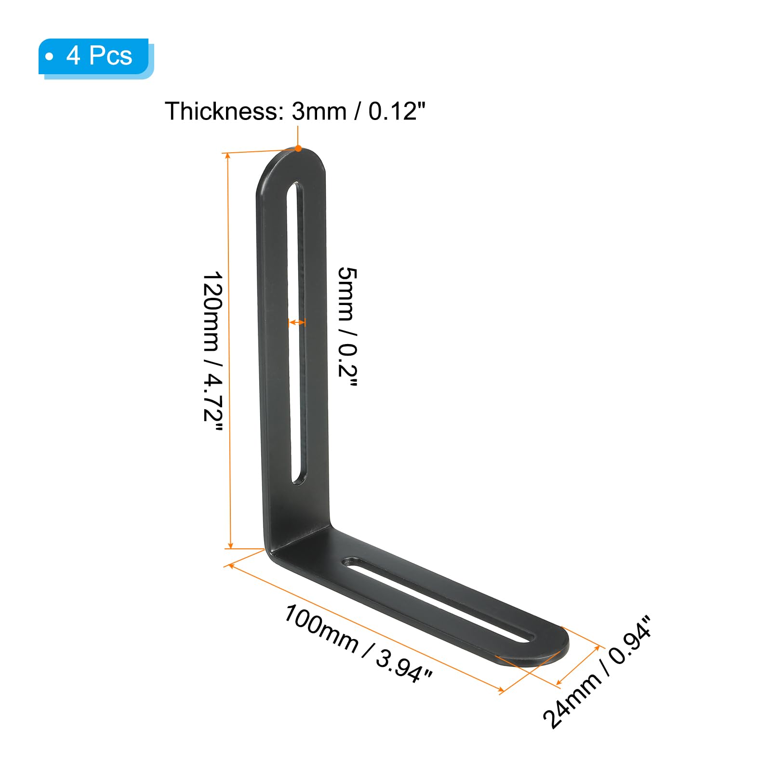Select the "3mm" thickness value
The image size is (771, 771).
pos(319,111)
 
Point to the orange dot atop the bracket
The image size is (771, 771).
pos(298,148)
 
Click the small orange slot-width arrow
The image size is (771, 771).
pos(297,322)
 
